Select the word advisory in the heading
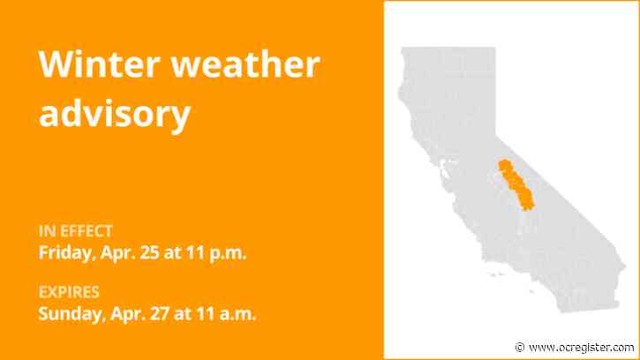(x=114, y=113)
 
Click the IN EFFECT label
(x=76, y=231)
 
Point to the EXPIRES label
(x=68, y=292)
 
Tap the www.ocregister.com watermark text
(x=582, y=347)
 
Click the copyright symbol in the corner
(x=520, y=347)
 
